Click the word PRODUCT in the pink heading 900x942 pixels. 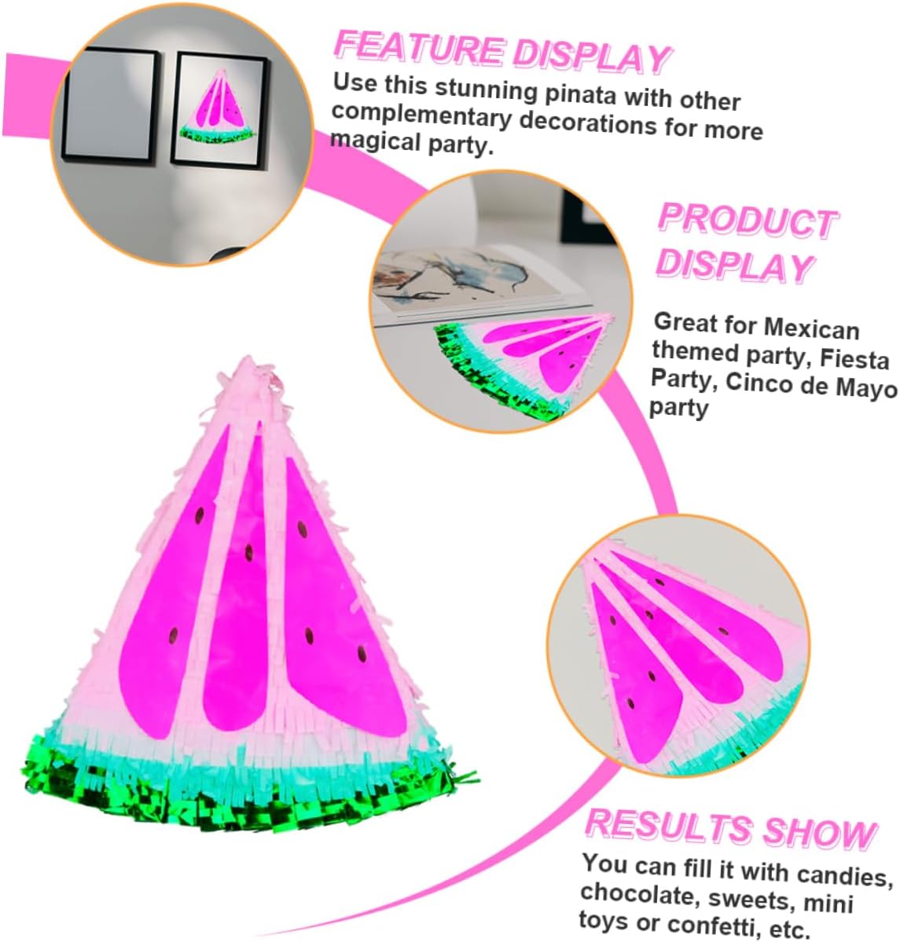pyautogui.click(x=746, y=220)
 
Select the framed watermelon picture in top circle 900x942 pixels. pyautogui.click(x=219, y=109)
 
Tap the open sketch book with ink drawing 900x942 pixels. pyautogui.click(x=464, y=283)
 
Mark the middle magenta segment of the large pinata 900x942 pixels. pyautogui.click(x=240, y=589)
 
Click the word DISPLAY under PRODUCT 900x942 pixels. pyautogui.click(x=733, y=266)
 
